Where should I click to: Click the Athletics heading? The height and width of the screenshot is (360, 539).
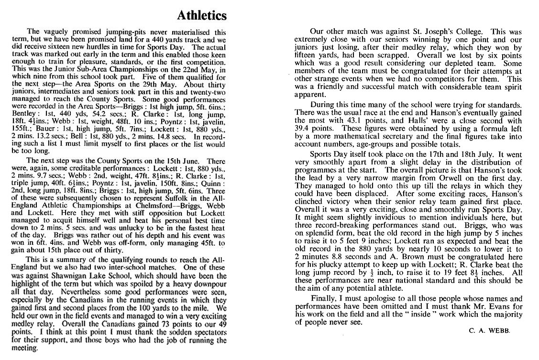pos(201,16)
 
